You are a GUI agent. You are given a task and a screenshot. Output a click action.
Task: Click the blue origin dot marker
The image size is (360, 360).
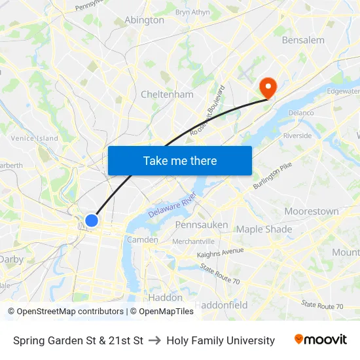pos(92,221)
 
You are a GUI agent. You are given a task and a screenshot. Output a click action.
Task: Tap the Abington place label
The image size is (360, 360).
pos(144,20)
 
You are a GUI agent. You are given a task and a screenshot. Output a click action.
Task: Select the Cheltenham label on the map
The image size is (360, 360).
pos(167,94)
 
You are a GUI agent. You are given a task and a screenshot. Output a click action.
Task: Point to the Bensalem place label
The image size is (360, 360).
pos(303,40)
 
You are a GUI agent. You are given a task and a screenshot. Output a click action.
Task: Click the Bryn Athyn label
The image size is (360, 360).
pos(192,12)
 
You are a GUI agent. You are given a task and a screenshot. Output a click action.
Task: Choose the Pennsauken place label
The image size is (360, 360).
pos(201,225)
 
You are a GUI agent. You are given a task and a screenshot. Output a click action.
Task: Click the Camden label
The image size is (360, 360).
pos(142,240)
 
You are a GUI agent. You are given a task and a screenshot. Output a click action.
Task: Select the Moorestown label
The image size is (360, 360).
pos(312,211)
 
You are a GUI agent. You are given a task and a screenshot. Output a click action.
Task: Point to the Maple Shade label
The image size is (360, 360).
pos(264,229)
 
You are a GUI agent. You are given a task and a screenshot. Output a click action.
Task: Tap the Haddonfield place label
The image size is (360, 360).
pos(221,305)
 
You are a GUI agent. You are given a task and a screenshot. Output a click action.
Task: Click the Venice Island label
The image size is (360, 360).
pos(34,138)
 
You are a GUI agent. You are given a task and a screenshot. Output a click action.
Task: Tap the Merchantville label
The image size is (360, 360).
pos(193,242)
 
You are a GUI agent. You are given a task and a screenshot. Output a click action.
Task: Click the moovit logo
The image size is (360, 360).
pos(320,340)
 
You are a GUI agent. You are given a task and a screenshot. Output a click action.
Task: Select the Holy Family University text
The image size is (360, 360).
pos(221,340)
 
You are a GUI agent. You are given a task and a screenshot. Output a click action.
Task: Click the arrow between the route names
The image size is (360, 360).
pos(155,340)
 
